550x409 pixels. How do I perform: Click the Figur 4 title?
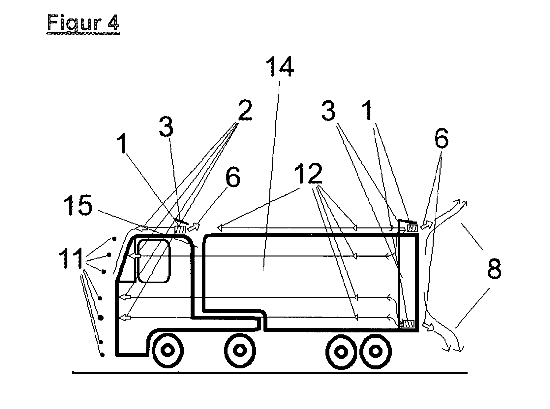(x=83, y=23)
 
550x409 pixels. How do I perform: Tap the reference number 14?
(x=280, y=66)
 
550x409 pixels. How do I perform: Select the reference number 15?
(x=77, y=205)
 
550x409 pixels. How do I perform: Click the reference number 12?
(x=308, y=173)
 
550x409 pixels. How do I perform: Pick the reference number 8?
(x=494, y=269)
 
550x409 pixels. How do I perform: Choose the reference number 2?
(x=245, y=110)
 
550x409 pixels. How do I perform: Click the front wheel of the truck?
(x=168, y=350)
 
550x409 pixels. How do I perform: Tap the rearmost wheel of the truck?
(x=376, y=351)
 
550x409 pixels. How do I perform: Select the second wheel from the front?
(x=240, y=350)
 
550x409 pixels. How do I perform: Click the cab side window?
(x=154, y=261)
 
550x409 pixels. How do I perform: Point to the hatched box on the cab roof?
(x=180, y=229)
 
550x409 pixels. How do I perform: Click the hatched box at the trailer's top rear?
(x=413, y=228)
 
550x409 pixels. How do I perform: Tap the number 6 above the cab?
(x=232, y=177)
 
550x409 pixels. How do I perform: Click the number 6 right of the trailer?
(x=442, y=138)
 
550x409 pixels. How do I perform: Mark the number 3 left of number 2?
(x=166, y=127)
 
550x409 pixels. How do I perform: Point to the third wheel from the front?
(x=342, y=351)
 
